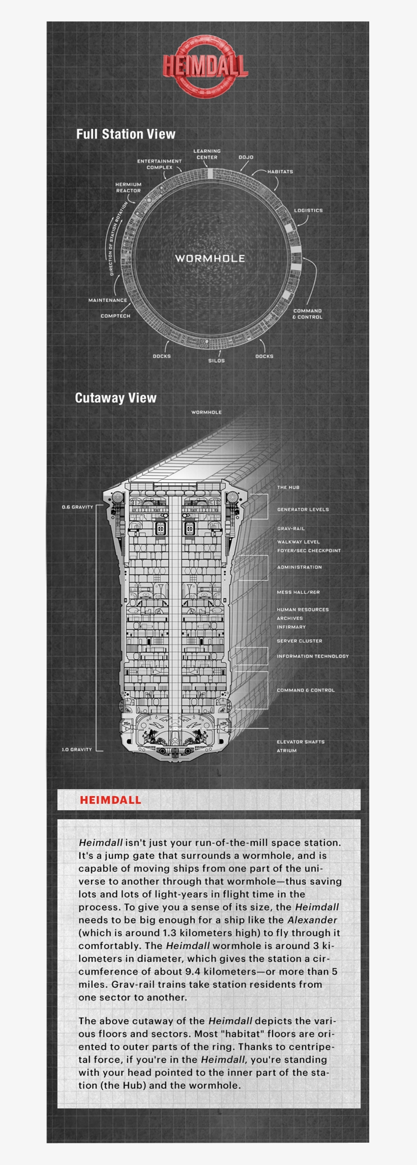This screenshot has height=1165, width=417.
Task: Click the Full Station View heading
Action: click(x=126, y=134)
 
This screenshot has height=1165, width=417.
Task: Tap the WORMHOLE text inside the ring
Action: click(x=210, y=258)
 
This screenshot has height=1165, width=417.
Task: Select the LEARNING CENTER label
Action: click(x=207, y=154)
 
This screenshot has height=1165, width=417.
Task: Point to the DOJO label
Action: click(x=246, y=157)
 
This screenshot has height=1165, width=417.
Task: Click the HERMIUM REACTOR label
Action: click(x=129, y=188)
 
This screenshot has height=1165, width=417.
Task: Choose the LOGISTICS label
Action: click(x=308, y=210)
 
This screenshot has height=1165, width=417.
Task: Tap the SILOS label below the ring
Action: click(x=216, y=361)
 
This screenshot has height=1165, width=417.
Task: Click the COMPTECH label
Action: click(x=115, y=316)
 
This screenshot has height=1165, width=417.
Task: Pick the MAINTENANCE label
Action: click(x=108, y=300)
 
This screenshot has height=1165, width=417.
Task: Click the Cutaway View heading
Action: click(x=115, y=398)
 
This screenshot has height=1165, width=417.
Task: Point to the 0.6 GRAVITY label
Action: click(x=78, y=507)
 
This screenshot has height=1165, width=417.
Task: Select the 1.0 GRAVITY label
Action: click(x=77, y=750)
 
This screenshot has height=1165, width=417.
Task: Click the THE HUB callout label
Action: click(x=288, y=488)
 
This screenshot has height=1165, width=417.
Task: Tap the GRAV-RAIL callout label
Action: click(x=291, y=529)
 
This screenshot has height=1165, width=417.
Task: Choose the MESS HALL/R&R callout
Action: click(x=299, y=592)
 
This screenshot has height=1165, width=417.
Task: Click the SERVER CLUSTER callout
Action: click(x=300, y=641)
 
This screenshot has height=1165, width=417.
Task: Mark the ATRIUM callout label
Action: click(x=287, y=751)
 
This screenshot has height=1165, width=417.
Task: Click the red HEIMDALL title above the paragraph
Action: click(x=110, y=800)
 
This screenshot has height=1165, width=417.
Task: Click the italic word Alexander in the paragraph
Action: click(x=312, y=920)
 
